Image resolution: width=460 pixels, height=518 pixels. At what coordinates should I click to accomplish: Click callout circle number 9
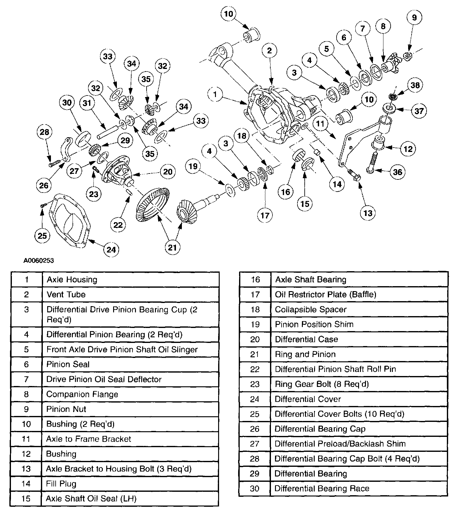[x=414, y=17]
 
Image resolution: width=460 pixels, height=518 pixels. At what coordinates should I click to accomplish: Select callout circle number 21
[x=172, y=247]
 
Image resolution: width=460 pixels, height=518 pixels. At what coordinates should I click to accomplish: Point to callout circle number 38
[x=415, y=85]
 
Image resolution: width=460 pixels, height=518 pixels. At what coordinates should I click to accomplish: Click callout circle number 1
[x=215, y=94]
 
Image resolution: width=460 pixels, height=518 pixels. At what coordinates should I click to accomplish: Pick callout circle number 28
[x=44, y=132]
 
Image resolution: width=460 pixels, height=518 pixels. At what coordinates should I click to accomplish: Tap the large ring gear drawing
[x=152, y=205]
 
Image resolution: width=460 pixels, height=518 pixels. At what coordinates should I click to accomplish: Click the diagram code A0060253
[x=39, y=261]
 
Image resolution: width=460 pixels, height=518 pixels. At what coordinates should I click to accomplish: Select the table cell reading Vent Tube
[x=66, y=294]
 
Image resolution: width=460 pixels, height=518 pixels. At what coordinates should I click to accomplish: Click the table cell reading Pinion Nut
[x=66, y=409]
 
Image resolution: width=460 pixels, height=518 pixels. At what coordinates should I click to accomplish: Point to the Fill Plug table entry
[x=61, y=484]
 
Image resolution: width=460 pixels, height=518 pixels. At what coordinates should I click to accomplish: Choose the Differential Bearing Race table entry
[x=322, y=488]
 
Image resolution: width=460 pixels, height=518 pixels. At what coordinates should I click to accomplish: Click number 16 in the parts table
[x=255, y=280]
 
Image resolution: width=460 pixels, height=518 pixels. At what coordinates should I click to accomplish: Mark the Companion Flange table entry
[x=82, y=394]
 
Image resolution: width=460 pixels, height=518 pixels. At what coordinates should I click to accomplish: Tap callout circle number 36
[x=397, y=172]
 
